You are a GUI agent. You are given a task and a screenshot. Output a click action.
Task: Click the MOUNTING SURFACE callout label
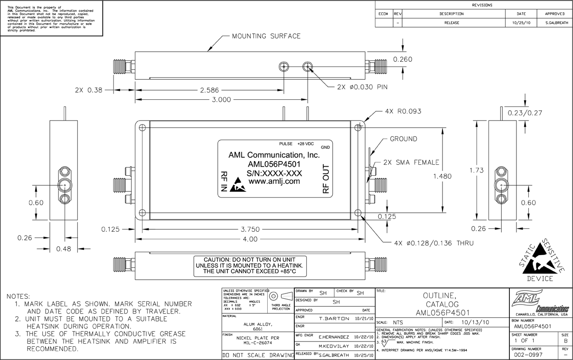point(266,36)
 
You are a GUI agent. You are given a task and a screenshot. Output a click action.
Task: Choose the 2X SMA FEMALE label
point(411,161)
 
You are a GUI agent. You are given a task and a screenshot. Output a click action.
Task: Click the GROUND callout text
point(403,139)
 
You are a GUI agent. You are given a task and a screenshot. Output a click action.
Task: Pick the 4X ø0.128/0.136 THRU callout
point(434,243)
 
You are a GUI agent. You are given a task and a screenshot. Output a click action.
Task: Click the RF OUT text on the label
point(326,179)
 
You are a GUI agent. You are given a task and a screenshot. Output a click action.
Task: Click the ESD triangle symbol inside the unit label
point(237,186)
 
